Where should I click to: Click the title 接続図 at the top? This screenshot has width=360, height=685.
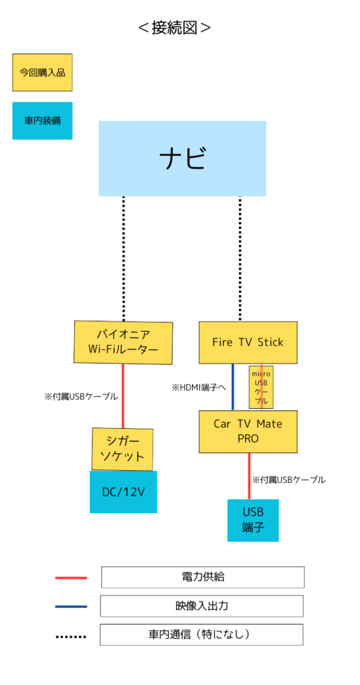point(175,28)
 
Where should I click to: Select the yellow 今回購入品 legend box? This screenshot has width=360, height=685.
point(42,72)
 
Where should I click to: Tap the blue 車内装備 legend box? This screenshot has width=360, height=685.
point(42,120)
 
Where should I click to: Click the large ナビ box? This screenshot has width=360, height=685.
point(182,159)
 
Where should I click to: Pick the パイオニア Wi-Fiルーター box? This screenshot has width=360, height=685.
point(123,342)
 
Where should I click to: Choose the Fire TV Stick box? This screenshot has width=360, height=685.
point(248,342)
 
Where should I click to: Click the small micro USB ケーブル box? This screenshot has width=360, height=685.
point(261,387)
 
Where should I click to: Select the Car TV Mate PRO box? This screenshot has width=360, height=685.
point(248,431)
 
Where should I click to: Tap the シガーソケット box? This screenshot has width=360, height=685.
point(122,450)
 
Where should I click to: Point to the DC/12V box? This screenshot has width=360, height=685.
point(123,492)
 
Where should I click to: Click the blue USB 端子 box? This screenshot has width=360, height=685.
point(253,520)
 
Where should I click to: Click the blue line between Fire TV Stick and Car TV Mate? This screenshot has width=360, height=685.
point(233,387)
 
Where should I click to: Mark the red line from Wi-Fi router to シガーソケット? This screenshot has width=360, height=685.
point(122,396)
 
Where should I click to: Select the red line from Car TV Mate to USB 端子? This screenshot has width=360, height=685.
point(250,476)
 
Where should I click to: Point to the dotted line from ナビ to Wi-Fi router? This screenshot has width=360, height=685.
point(124,259)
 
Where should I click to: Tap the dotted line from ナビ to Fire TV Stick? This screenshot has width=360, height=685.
point(240,259)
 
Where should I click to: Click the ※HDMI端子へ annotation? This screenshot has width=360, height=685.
point(199,387)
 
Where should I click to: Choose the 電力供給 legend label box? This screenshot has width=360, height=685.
point(203,577)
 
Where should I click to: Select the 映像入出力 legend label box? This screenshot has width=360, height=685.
point(202,606)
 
